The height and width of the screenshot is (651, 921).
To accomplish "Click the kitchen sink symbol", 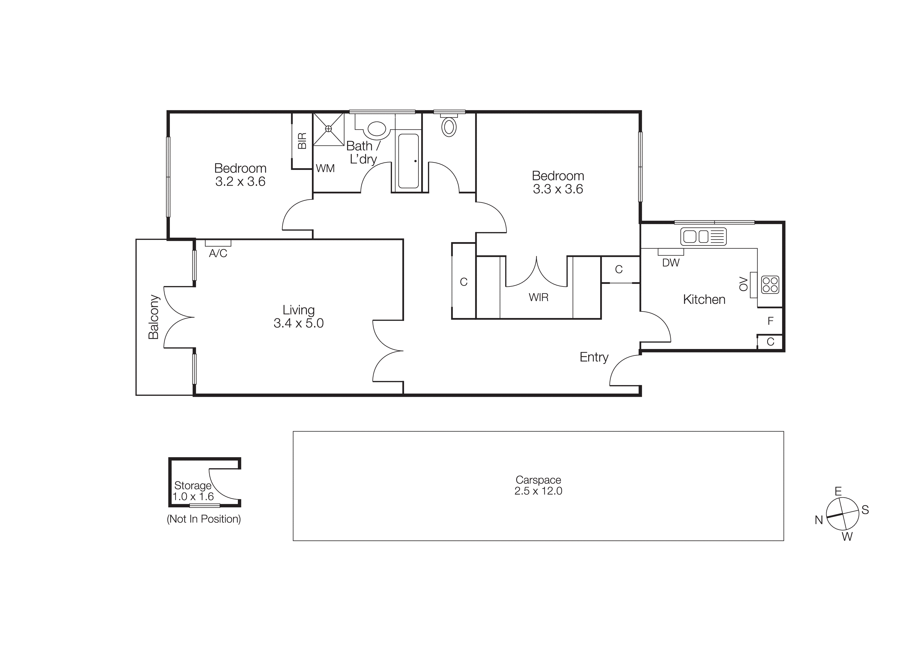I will (x=703, y=236).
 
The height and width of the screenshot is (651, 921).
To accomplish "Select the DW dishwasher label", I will (x=671, y=263).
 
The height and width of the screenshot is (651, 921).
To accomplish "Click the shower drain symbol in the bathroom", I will (x=328, y=128).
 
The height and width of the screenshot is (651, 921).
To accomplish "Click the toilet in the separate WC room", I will (x=449, y=127).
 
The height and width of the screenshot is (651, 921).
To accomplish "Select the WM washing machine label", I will (x=325, y=169).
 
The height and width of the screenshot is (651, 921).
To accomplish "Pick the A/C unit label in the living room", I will (x=218, y=253).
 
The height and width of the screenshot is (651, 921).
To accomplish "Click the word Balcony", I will (x=154, y=317).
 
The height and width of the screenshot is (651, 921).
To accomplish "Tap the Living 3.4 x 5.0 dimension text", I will (x=299, y=323).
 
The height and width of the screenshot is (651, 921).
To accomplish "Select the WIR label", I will (x=538, y=297).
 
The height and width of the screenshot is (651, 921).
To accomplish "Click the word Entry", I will (x=594, y=357).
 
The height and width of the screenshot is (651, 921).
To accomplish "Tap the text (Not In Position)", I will (x=204, y=519).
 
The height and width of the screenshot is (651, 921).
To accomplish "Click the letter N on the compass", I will (x=819, y=520).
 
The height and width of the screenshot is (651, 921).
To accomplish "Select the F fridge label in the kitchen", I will (x=770, y=321).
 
